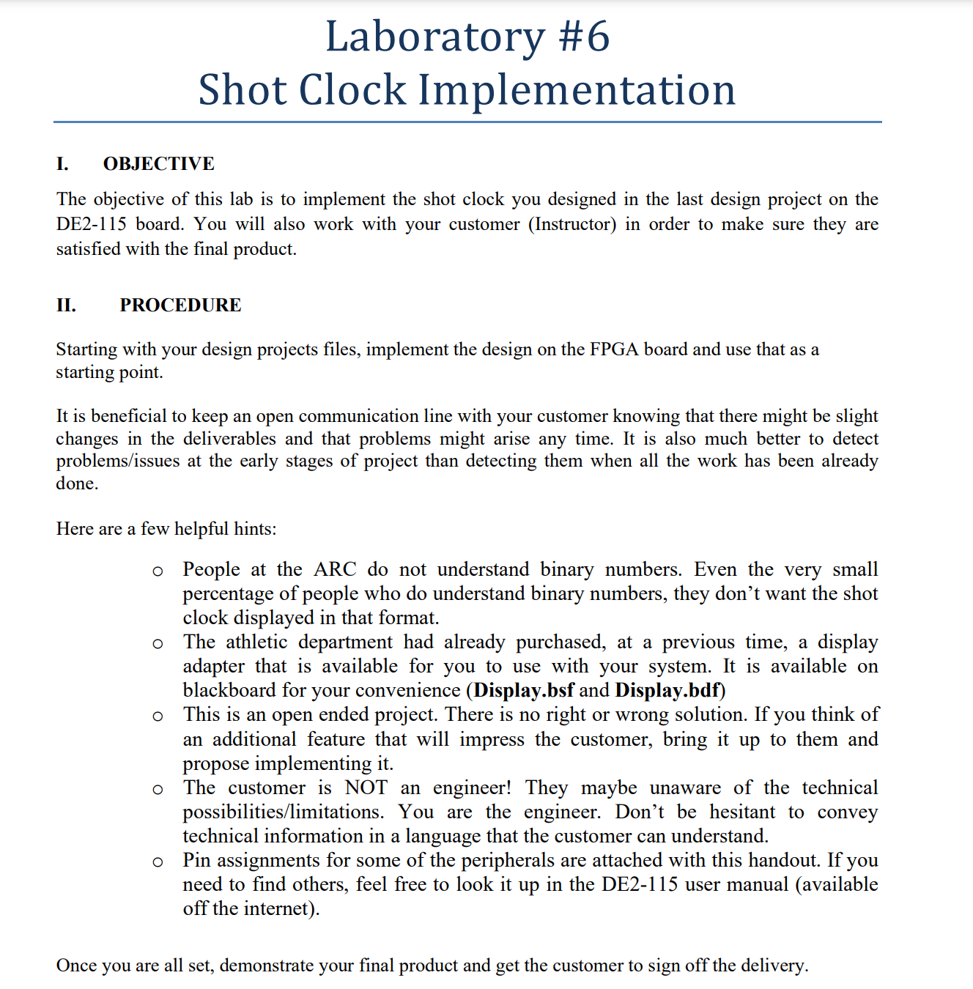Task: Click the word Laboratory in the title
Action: click(x=434, y=37)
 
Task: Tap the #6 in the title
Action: click(x=584, y=37)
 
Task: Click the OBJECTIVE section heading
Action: click(x=158, y=163)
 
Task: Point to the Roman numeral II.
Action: click(x=66, y=305)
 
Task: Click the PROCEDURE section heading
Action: click(x=180, y=305)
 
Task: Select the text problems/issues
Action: click(x=117, y=461)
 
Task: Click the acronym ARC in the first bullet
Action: click(x=335, y=569)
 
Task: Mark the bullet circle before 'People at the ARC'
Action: click(x=158, y=571)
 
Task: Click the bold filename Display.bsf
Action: click(x=524, y=690)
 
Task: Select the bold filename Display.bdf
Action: click(x=667, y=690)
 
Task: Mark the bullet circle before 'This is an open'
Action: click(x=158, y=716)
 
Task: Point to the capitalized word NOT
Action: click(x=366, y=788)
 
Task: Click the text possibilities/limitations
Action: click(x=283, y=812)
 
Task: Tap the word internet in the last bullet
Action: click(x=275, y=908)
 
